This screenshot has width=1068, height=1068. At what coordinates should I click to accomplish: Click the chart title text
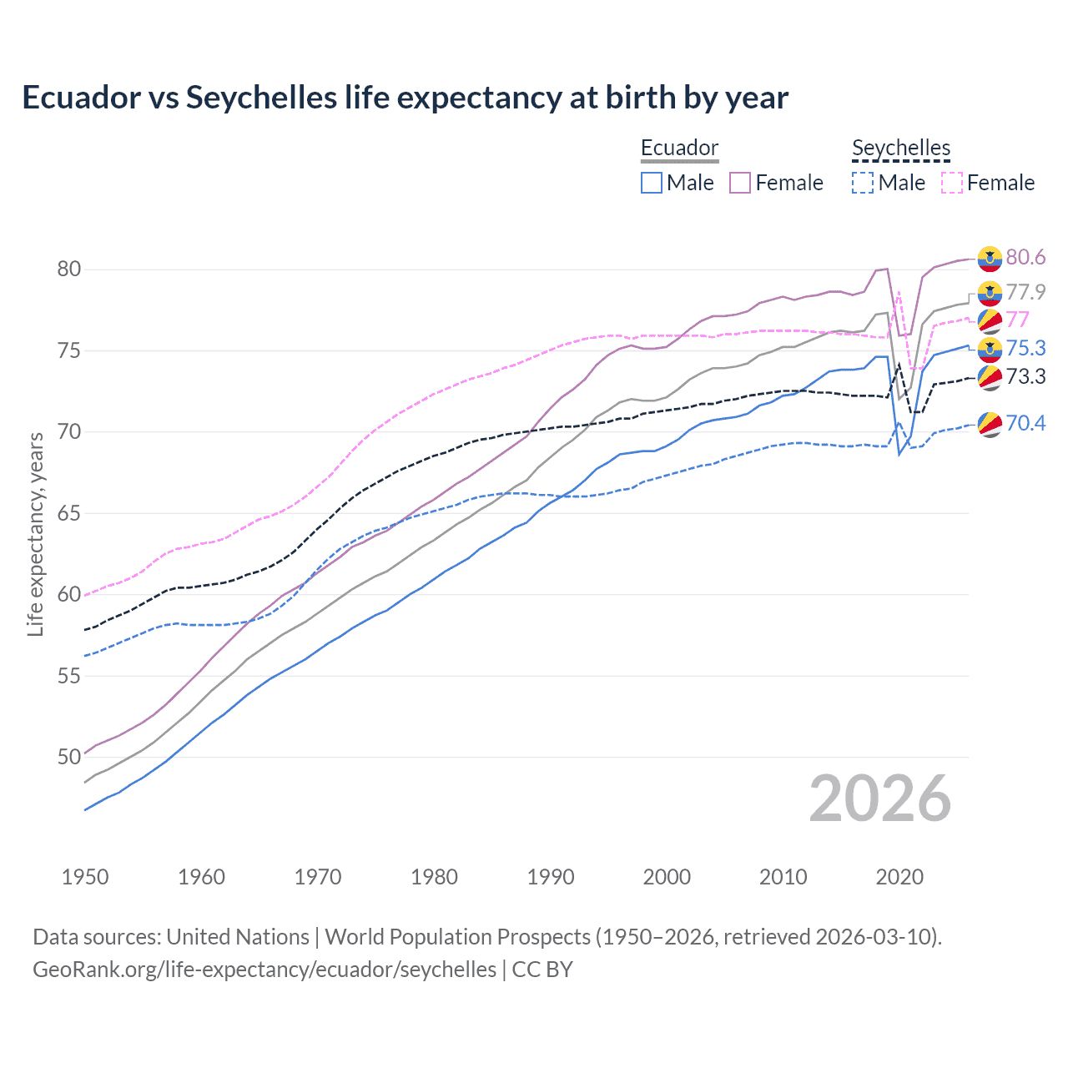click(x=405, y=98)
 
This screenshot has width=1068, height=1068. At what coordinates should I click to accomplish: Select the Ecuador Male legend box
click(x=652, y=183)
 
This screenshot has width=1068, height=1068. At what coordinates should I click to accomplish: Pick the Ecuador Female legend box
click(x=740, y=183)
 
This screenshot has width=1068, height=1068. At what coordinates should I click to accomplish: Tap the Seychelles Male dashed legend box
click(x=863, y=183)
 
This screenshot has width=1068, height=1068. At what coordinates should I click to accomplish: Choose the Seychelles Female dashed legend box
click(x=952, y=183)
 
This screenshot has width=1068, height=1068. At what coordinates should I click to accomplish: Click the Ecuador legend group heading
click(x=679, y=148)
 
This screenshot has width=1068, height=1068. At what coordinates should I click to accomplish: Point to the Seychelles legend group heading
click(x=901, y=148)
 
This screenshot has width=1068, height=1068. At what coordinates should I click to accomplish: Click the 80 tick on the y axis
click(x=69, y=269)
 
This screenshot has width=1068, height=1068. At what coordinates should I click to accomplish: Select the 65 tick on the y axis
click(x=69, y=513)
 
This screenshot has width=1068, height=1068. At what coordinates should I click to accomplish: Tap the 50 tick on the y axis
click(x=69, y=758)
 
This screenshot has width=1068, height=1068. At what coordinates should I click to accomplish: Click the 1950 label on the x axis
click(x=85, y=877)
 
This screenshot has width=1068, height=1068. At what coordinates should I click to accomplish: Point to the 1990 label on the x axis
click(x=551, y=877)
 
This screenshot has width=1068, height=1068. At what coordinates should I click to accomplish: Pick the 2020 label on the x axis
click(x=899, y=877)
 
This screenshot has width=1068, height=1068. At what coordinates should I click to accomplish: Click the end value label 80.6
click(x=1025, y=257)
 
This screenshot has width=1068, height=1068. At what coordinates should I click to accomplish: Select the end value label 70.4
click(x=1025, y=423)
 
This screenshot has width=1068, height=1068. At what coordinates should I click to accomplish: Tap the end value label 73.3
click(x=1025, y=376)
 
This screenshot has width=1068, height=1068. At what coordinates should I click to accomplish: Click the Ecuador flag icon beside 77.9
click(x=990, y=293)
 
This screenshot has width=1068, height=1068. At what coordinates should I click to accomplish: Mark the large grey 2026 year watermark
click(x=880, y=798)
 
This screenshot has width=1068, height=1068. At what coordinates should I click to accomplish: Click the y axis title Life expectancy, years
click(x=35, y=534)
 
